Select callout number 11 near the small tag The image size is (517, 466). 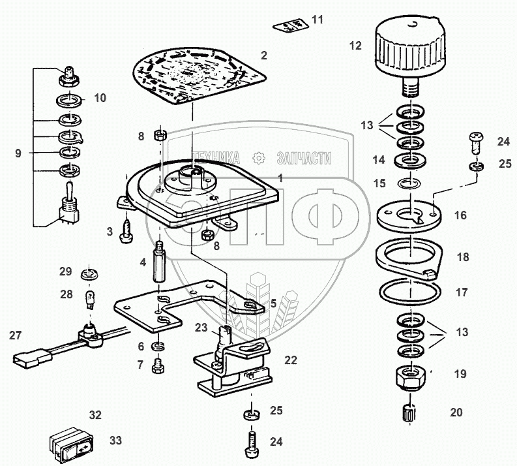(317, 19)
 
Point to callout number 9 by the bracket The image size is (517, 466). (18, 153)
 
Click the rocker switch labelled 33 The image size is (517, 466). (72, 445)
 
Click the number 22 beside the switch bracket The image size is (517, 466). (290, 360)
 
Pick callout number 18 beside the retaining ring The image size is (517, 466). (463, 258)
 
